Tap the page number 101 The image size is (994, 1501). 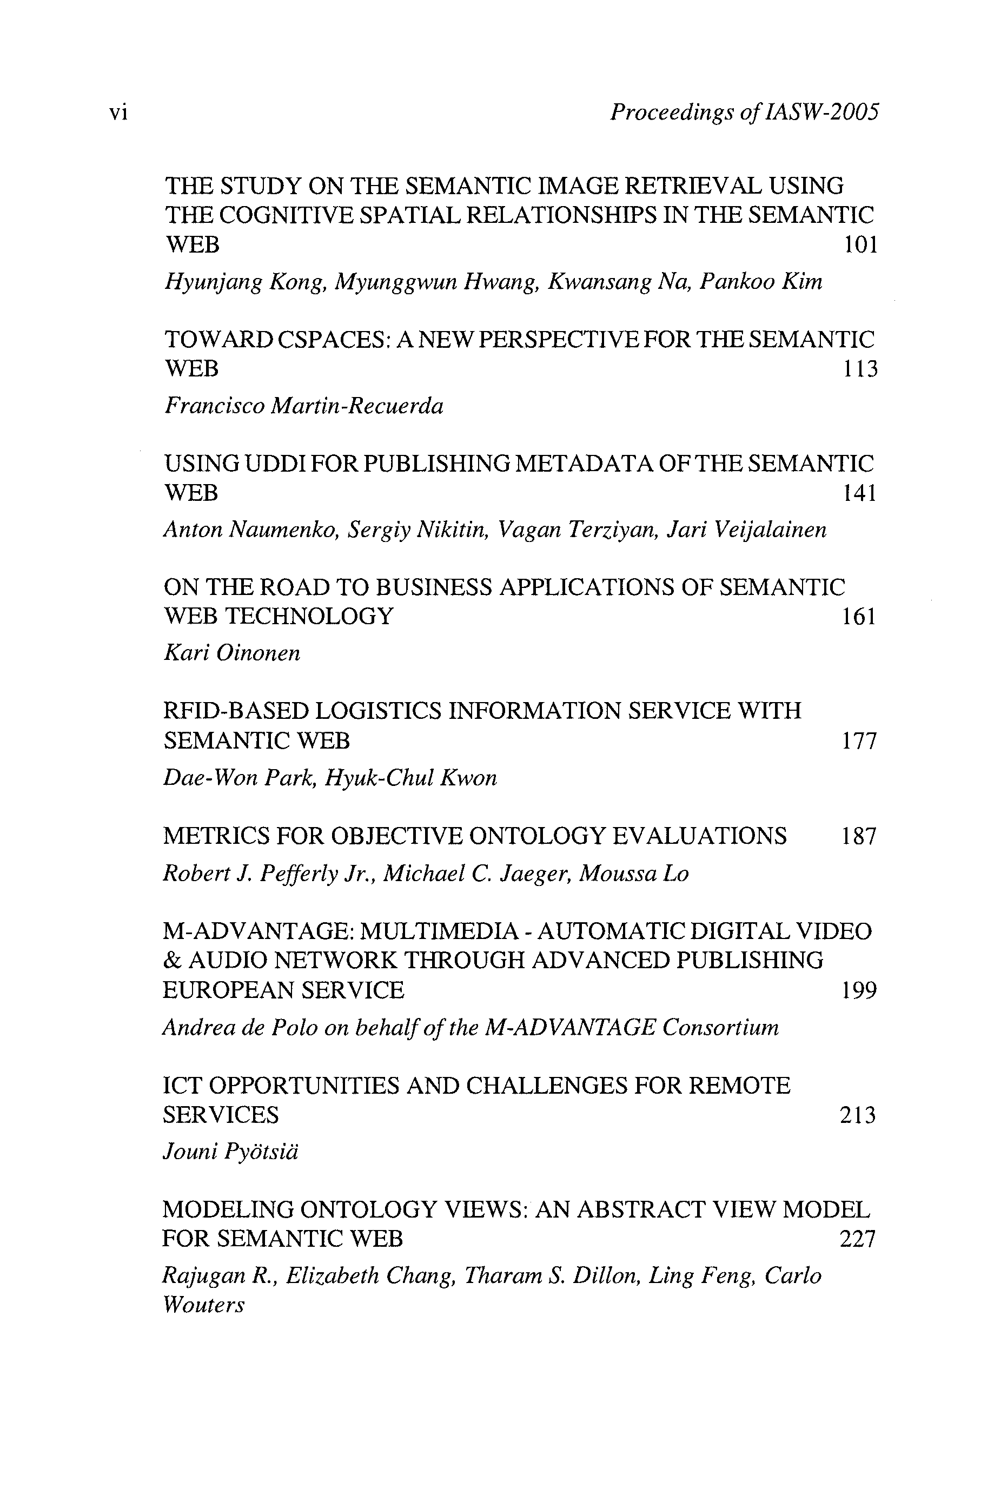pyautogui.click(x=860, y=244)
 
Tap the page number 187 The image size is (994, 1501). pyautogui.click(x=858, y=836)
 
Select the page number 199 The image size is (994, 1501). pyautogui.click(x=858, y=989)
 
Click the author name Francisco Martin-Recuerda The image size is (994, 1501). pyautogui.click(x=303, y=406)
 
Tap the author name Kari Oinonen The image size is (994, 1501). pyautogui.click(x=231, y=653)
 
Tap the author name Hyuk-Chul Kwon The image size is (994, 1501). pyautogui.click(x=411, y=777)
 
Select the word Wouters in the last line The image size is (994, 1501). pyautogui.click(x=203, y=1305)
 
